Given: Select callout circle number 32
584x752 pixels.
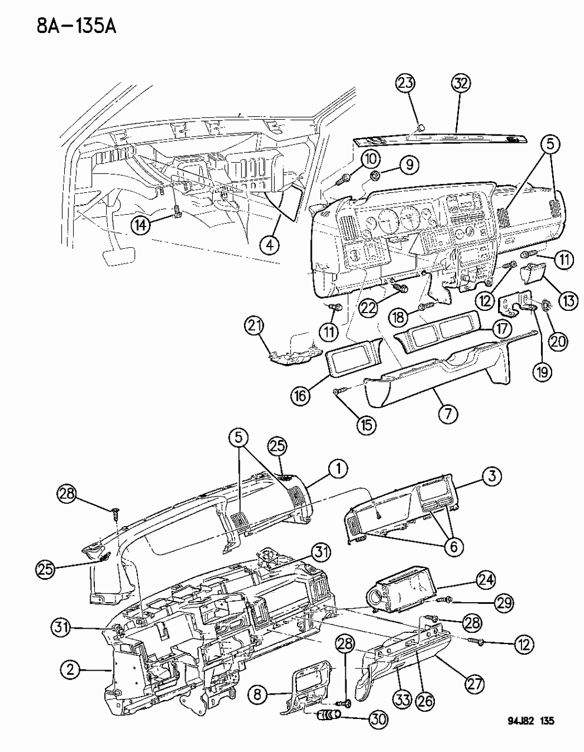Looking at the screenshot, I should (x=461, y=84).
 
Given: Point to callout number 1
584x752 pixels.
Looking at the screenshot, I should (x=337, y=469).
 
